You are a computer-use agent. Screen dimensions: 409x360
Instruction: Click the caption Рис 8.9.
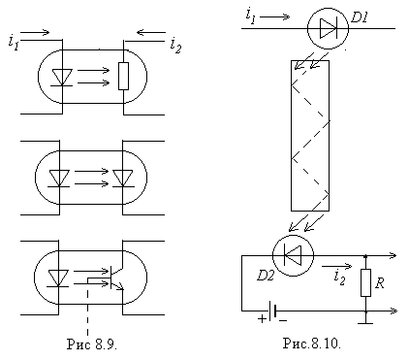(92, 344)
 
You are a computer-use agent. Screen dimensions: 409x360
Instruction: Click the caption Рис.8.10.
(312, 344)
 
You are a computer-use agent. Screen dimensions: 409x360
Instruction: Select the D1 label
(359, 17)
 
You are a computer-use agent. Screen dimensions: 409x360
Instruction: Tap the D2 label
(266, 276)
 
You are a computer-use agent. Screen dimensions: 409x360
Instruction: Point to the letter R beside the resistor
(379, 283)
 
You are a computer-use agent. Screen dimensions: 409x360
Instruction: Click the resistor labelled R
(365, 282)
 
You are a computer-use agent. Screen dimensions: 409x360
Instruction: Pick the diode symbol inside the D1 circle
(328, 28)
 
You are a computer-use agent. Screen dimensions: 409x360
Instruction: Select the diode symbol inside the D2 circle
(293, 255)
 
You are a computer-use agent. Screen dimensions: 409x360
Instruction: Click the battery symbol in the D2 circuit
(272, 311)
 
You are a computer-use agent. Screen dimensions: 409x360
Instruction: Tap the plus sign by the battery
(262, 319)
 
